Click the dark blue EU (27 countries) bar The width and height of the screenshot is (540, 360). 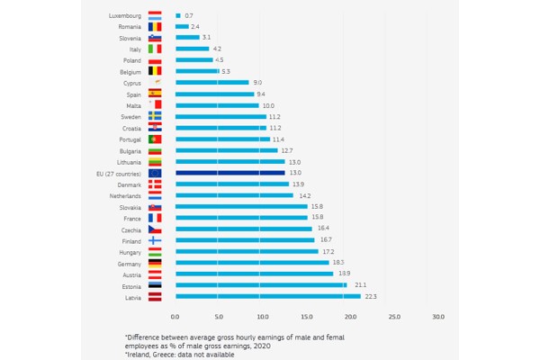(229, 173)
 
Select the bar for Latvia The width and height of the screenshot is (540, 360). (267, 296)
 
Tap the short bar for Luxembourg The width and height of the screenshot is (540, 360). (178, 15)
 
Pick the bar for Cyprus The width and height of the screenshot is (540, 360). (211, 83)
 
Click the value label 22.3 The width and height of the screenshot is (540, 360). (370, 296)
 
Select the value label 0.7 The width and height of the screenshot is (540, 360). (189, 15)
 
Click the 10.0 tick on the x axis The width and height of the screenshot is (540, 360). (263, 317)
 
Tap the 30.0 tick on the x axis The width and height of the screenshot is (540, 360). (438, 317)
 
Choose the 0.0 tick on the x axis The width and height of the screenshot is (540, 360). (175, 317)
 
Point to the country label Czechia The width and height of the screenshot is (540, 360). (129, 229)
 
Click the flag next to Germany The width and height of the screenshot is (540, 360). (155, 263)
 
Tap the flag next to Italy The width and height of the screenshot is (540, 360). (155, 49)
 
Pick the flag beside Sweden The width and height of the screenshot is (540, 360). (155, 116)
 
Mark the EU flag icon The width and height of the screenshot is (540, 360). (155, 173)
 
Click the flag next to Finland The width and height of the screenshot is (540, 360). (155, 240)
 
